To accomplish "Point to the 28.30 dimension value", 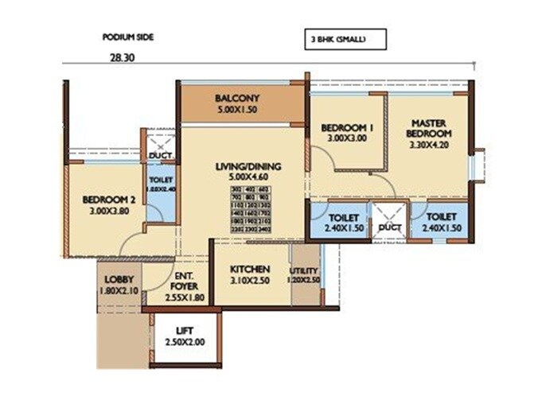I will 122,57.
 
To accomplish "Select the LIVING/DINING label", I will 242,166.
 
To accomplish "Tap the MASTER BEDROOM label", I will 432,128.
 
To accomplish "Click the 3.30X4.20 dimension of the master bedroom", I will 432,146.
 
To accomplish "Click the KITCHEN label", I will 250,269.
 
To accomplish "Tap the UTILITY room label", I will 305,270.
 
